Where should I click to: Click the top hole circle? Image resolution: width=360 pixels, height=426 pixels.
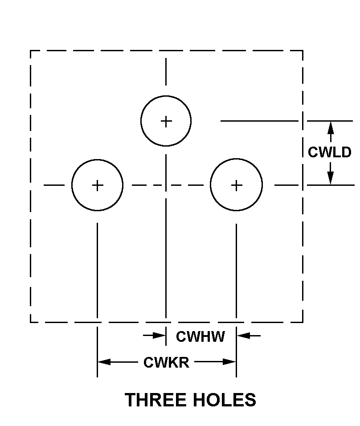[166, 121]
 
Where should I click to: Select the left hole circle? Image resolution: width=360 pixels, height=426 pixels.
[97, 185]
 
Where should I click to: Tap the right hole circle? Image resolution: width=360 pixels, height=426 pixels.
[236, 185]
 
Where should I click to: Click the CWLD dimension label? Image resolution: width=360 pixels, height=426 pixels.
[330, 152]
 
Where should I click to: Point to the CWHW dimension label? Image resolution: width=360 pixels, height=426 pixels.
[200, 336]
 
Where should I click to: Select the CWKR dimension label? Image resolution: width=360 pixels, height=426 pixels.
[166, 362]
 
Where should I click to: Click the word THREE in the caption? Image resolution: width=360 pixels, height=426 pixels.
[155, 400]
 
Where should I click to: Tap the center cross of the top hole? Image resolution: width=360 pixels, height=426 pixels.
[166, 121]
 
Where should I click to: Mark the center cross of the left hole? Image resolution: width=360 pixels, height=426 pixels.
[97, 185]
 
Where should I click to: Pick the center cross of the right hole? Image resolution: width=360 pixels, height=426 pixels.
[236, 185]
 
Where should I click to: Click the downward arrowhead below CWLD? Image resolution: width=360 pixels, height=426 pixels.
[330, 179]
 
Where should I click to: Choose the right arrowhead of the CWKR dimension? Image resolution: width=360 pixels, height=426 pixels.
[230, 362]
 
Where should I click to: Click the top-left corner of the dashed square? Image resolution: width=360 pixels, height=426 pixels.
[30, 51]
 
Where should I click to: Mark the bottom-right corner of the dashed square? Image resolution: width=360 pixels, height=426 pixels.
[303, 322]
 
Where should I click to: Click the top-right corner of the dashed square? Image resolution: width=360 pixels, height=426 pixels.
[303, 51]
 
